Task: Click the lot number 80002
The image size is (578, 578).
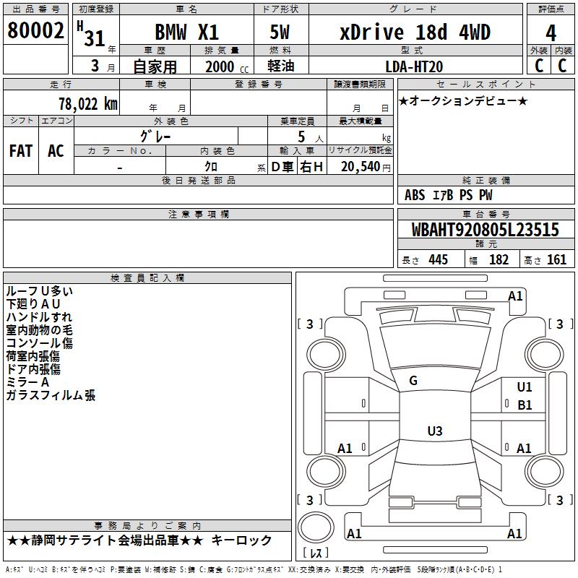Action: pyautogui.click(x=35, y=30)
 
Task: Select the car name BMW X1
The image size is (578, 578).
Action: pyautogui.click(x=187, y=32)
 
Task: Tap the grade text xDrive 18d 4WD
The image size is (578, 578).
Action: pyautogui.click(x=415, y=32)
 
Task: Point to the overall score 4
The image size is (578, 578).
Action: pyautogui.click(x=551, y=33)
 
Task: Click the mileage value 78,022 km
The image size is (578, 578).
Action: pyautogui.click(x=88, y=104)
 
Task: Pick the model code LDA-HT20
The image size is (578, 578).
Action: pyautogui.click(x=414, y=66)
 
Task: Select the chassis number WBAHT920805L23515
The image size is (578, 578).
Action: pyautogui.click(x=485, y=230)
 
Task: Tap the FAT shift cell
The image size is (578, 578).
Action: pyautogui.click(x=21, y=151)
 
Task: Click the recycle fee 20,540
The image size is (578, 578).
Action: pyautogui.click(x=361, y=167)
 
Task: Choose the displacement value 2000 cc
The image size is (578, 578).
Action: pyautogui.click(x=227, y=66)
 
